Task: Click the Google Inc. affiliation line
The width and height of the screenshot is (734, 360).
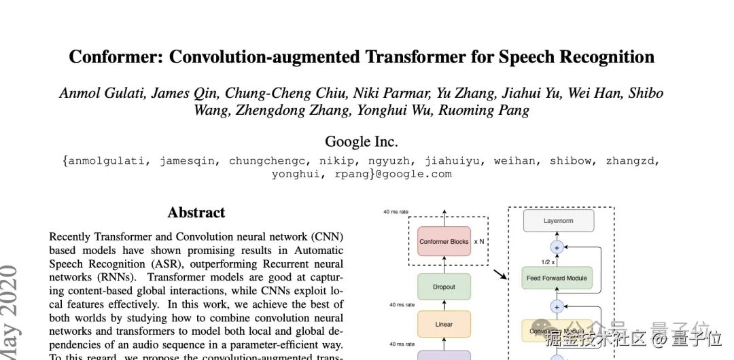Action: tap(361, 141)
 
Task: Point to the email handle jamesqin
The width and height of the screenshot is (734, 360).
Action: tap(190, 161)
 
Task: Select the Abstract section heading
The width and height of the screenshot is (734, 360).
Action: tap(196, 213)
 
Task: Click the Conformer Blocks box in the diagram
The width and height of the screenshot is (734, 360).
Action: tap(444, 241)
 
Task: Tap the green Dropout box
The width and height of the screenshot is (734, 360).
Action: tap(444, 287)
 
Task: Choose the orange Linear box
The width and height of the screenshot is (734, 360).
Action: tap(444, 324)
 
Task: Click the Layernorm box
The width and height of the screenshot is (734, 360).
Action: tap(558, 220)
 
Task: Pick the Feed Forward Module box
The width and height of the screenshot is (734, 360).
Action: tap(557, 278)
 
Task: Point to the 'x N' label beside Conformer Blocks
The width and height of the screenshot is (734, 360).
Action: tap(479, 241)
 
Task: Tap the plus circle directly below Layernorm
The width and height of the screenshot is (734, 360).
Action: tap(557, 247)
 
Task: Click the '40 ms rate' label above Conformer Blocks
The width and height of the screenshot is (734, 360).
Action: tap(396, 212)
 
